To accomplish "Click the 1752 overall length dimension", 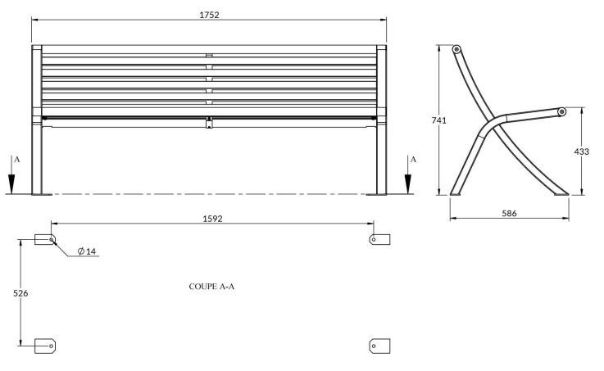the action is [209, 15].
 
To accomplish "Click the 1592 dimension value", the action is [212, 219].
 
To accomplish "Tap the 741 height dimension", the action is [438, 120].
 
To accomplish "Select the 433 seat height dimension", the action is [581, 152].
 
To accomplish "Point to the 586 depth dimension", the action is [509, 213].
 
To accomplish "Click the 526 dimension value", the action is [20, 293].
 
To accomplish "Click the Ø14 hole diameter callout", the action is [87, 251].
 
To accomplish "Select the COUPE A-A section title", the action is [211, 287].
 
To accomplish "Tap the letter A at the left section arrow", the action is [17, 160].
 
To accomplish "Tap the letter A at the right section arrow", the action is [413, 160].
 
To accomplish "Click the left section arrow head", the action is [11, 184].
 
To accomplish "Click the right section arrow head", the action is [408, 184].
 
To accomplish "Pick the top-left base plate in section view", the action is [45, 239].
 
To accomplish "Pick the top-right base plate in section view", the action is [379, 239].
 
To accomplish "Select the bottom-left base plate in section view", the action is [45, 346].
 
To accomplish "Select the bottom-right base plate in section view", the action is [379, 346].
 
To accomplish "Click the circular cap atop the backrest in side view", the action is [456, 49].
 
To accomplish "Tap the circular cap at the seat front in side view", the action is [562, 112].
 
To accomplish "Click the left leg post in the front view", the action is [37, 120].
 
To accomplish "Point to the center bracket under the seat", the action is [209, 122].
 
